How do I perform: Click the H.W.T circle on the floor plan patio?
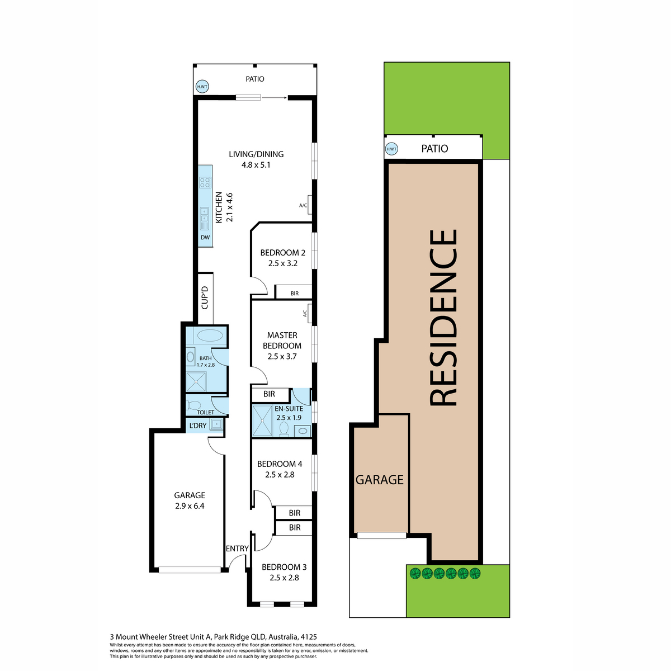202,86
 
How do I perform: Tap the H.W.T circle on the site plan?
391,149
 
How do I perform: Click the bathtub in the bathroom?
210,335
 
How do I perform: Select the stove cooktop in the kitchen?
205,182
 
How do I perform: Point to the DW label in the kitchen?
205,238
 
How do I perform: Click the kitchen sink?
205,218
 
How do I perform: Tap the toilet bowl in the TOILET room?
194,405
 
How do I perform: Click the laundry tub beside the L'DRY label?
216,424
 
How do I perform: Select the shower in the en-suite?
262,420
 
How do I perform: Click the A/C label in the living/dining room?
303,205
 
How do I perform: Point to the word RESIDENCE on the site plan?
443,318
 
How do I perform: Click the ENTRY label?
237,549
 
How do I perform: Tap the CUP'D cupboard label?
205,297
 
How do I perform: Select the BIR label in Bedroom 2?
295,294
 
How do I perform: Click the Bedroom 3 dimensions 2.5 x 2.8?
284,578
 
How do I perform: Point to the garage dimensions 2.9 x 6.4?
190,506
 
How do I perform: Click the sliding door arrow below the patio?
274,98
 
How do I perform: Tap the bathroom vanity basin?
191,357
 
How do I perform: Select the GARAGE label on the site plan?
380,480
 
